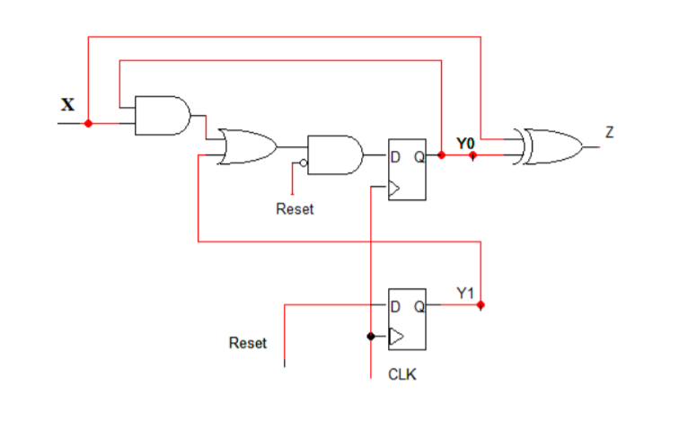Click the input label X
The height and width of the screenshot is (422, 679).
68,103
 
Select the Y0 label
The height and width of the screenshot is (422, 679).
464,143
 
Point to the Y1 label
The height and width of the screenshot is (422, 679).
464,293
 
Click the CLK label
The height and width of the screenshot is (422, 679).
401,374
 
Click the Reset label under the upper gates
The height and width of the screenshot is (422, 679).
295,209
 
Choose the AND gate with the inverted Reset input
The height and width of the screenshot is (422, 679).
335,155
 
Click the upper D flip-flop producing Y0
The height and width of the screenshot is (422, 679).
407,170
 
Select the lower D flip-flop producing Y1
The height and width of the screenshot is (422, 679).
407,319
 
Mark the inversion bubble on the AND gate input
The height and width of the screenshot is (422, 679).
304,163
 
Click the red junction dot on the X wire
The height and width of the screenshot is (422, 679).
88,123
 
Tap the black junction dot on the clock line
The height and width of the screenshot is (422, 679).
371,337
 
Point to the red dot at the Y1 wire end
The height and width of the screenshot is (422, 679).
481,305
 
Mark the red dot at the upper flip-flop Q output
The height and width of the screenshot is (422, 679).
441,155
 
